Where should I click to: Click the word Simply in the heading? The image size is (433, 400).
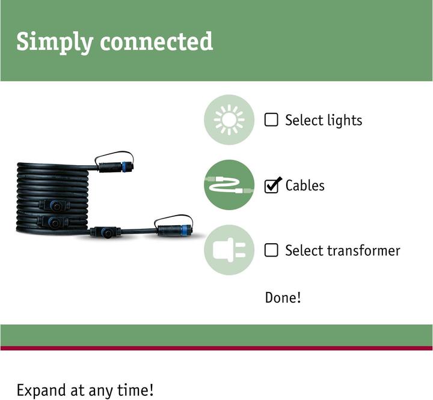point(54,42)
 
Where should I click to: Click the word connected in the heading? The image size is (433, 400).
point(156,41)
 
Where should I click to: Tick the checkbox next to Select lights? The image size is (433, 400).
point(271,120)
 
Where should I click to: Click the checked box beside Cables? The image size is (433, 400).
point(272,186)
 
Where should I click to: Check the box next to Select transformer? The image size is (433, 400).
point(271,250)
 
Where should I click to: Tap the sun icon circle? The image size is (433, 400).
point(229,120)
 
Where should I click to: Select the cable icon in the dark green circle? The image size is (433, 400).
point(229,185)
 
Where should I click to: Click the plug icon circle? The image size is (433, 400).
point(229,250)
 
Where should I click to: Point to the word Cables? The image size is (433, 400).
point(305,186)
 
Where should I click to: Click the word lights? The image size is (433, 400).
point(345,121)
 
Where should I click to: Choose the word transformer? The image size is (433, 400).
point(363,251)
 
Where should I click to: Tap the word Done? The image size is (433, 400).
point(283,298)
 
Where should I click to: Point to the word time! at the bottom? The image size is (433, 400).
point(135,390)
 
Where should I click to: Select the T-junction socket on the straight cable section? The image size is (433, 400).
point(105,232)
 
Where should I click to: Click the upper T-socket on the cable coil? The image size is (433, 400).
point(55,205)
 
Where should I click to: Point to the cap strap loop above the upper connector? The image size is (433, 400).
point(114,156)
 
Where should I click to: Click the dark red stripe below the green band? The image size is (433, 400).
point(216,348)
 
